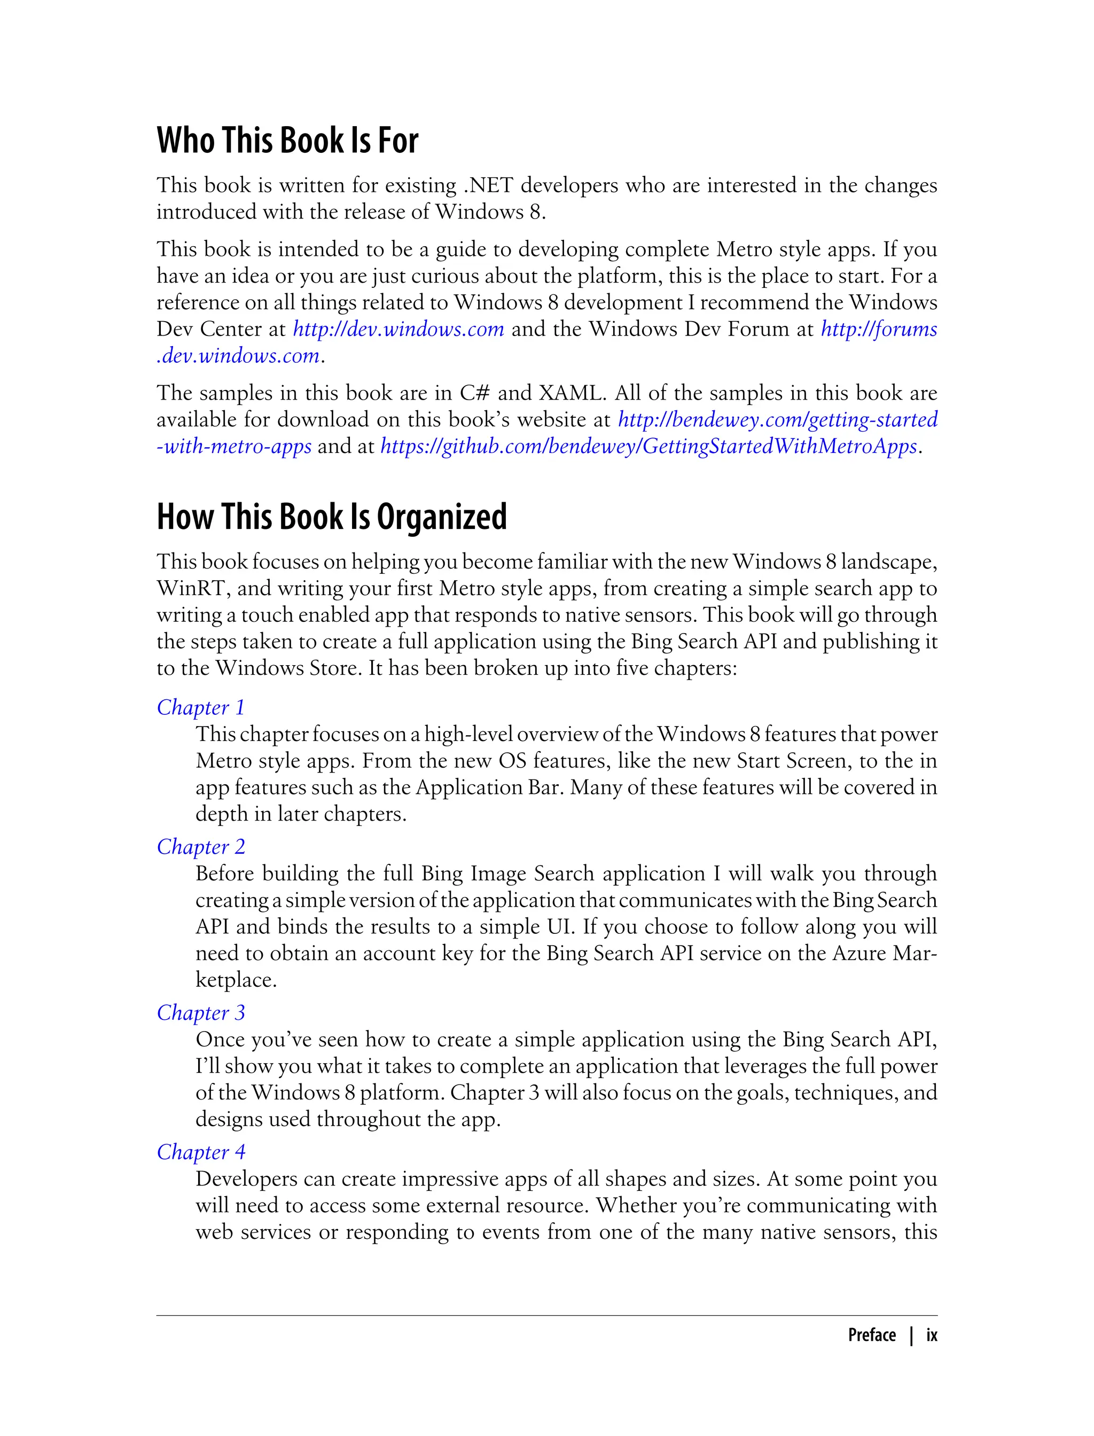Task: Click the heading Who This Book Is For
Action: click(287, 141)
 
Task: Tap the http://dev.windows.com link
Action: click(398, 329)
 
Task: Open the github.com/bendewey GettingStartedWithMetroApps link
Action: click(648, 446)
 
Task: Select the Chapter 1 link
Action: click(200, 707)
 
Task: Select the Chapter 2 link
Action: click(200, 847)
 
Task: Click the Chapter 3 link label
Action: click(200, 1013)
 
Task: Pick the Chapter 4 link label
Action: click(200, 1152)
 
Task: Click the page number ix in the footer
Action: click(932, 1336)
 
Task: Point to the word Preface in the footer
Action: click(872, 1336)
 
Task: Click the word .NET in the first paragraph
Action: click(488, 185)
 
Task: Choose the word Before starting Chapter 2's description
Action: click(225, 873)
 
